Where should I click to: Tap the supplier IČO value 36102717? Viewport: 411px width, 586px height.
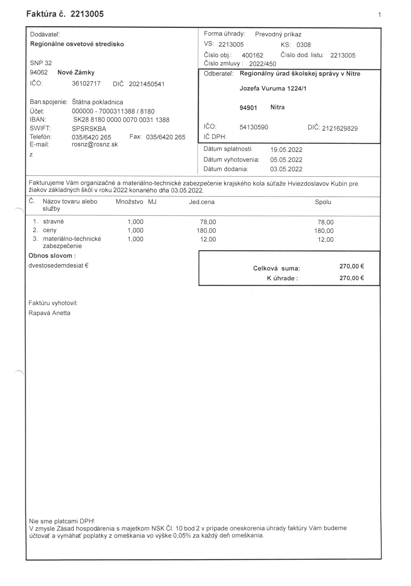tap(86, 84)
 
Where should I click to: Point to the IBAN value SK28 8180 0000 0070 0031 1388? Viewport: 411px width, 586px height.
tap(121, 120)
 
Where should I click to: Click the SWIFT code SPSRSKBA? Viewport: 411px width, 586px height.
tap(89, 129)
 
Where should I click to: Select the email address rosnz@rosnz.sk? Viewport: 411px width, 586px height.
tap(95, 144)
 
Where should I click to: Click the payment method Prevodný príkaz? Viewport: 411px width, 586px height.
tap(278, 34)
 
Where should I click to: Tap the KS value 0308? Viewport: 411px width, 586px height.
tap(304, 45)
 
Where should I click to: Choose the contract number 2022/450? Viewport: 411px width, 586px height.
tap(263, 64)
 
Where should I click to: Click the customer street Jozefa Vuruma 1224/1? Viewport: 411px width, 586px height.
tap(273, 88)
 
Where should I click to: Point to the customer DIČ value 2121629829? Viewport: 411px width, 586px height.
tap(340, 128)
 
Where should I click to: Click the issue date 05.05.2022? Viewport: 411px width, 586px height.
tap(286, 160)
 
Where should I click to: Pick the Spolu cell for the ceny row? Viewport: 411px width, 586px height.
tap(324, 231)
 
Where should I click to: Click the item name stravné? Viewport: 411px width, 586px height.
tap(53, 221)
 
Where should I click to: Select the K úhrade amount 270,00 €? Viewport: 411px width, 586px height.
tap(351, 278)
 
